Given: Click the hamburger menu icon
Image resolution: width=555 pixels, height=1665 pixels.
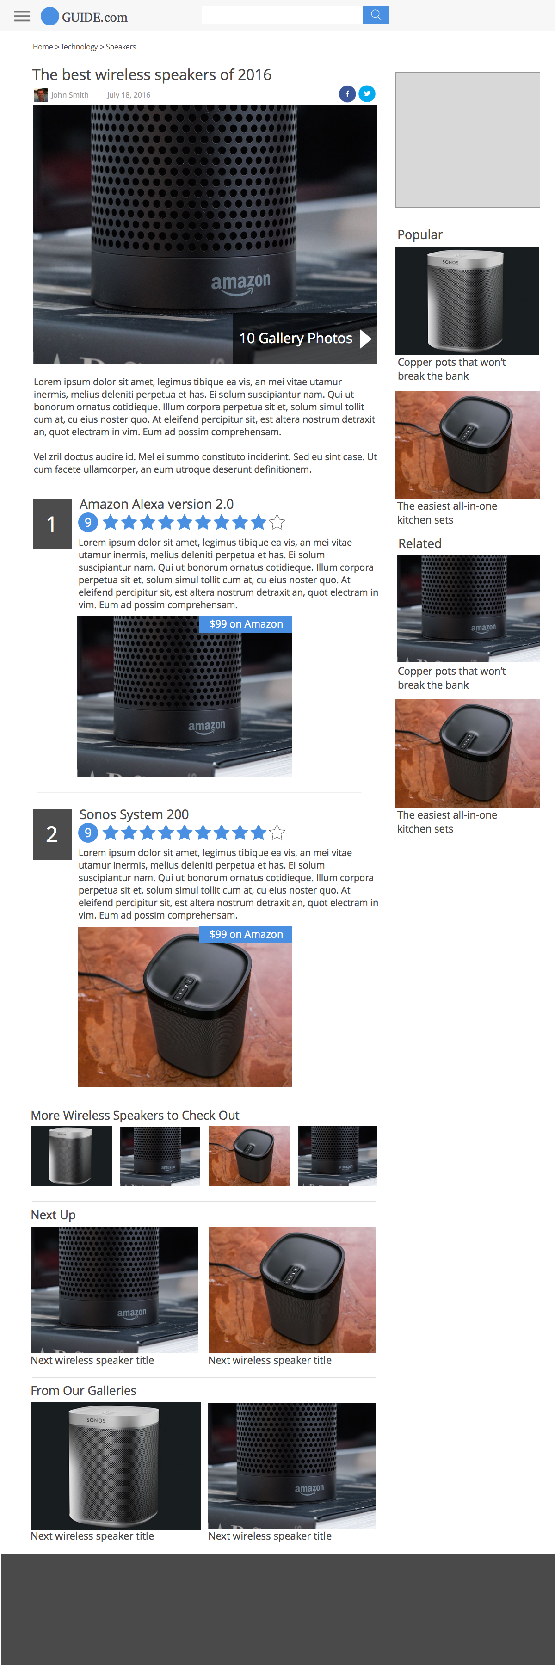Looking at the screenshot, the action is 22,16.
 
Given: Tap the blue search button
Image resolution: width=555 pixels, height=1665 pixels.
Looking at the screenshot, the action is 376,15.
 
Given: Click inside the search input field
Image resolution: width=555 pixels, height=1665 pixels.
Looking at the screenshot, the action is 282,15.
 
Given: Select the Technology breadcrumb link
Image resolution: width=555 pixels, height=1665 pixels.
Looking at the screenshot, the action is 79,47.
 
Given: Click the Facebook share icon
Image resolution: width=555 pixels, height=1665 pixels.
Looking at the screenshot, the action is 347,94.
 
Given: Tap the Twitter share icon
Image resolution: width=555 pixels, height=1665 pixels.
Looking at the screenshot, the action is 367,94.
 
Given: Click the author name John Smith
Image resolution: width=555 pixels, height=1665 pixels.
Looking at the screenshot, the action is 70,95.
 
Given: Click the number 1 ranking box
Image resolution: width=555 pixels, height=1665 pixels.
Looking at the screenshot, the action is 52,524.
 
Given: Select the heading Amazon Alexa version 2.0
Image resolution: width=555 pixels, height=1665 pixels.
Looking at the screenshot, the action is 156,504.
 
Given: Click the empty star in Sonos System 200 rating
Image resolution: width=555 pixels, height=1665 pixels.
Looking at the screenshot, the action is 277,832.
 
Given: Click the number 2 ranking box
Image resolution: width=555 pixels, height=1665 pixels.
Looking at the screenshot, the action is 52,834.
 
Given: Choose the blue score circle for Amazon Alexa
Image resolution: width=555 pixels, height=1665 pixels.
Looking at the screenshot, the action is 88,522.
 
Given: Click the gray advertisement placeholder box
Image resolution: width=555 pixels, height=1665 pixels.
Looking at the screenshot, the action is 467,140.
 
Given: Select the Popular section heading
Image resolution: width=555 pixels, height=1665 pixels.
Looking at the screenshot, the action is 420,234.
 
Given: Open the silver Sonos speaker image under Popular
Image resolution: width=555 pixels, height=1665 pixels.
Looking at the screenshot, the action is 467,301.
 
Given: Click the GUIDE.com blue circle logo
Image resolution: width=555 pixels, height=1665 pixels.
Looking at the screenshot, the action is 50,16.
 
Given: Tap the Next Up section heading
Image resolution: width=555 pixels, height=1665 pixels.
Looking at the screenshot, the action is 53,1215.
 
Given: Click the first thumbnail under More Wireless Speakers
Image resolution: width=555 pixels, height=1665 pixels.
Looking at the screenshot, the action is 71,1156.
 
